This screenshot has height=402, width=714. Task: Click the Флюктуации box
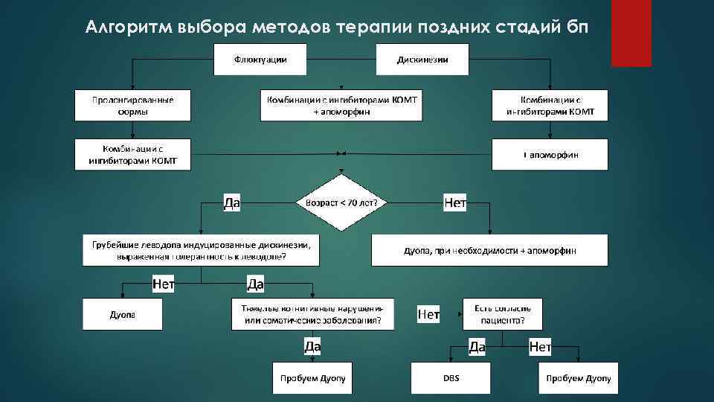(261, 60)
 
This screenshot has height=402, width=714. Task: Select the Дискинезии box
(422, 60)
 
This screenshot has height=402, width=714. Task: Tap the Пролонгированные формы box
(132, 105)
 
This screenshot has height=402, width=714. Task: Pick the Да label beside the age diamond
(232, 202)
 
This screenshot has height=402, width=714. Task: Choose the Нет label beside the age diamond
(454, 202)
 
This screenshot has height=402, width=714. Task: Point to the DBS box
(451, 379)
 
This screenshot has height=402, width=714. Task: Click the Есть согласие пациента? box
(503, 314)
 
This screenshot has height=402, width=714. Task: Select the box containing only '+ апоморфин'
(550, 155)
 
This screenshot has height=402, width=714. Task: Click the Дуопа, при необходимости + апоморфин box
(489, 250)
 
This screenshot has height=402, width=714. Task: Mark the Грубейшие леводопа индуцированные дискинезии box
(201, 250)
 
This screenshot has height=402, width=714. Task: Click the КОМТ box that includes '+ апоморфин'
(341, 105)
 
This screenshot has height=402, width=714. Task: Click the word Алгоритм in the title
(129, 28)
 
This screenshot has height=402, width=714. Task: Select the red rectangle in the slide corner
(631, 33)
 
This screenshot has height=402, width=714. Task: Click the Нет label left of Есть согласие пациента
(428, 315)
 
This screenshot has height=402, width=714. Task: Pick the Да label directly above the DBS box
(477, 346)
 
